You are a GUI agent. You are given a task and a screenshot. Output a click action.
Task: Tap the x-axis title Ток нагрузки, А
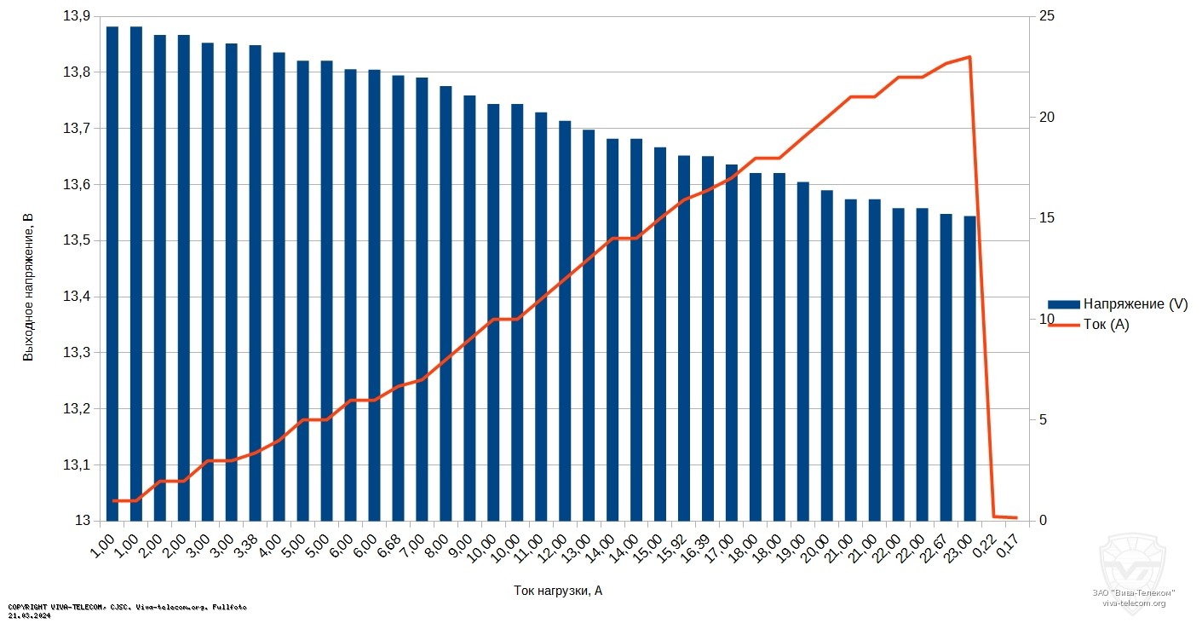tap(558, 590)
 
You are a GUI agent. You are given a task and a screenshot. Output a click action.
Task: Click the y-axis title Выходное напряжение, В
tap(28, 287)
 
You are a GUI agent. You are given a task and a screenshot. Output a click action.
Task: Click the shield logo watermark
tap(1133, 559)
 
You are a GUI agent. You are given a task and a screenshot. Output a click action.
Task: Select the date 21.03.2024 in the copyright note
tap(29, 615)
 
